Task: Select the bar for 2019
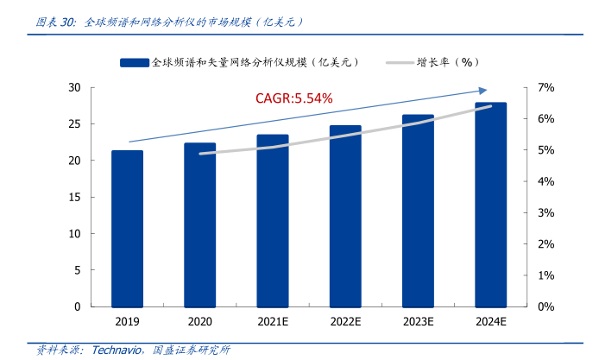pyautogui.click(x=128, y=229)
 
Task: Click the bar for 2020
pyautogui.click(x=200, y=224)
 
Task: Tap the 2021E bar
pyautogui.click(x=273, y=220)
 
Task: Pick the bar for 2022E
pyautogui.click(x=345, y=216)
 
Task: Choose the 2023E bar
pyautogui.click(x=418, y=211)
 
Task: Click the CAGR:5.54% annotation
pyautogui.click(x=293, y=98)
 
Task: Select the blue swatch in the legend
pyautogui.click(x=136, y=62)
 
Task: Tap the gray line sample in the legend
pyautogui.click(x=400, y=62)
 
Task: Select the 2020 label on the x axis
pyautogui.click(x=200, y=321)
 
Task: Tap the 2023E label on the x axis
pyautogui.click(x=418, y=321)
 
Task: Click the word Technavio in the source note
pyautogui.click(x=117, y=350)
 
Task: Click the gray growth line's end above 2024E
pyautogui.click(x=490, y=106)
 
